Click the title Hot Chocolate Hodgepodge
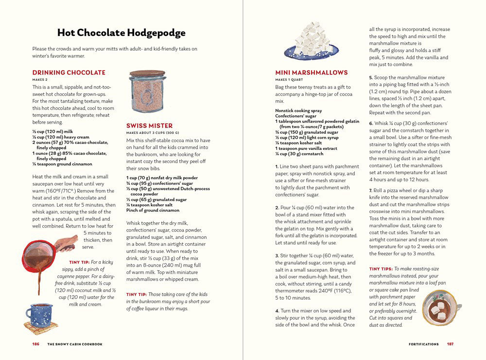(121, 33)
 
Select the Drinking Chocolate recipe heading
(69, 72)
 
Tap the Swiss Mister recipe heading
(149, 126)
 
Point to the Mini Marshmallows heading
(312, 72)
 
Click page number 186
(36, 344)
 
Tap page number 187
(450, 344)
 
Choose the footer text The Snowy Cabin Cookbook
(74, 344)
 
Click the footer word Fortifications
(424, 344)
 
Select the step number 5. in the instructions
(371, 77)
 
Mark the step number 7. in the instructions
(371, 190)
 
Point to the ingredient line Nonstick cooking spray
(298, 110)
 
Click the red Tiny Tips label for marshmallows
(381, 269)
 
